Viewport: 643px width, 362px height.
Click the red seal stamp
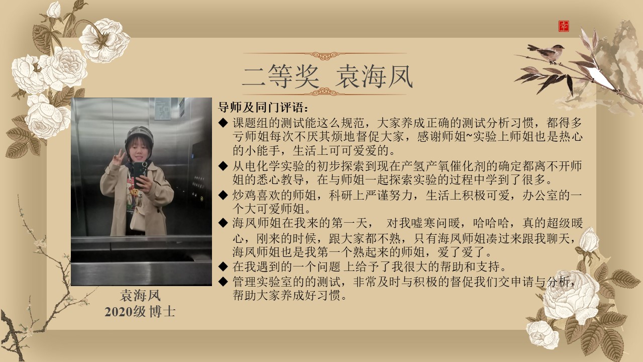(x=564, y=26)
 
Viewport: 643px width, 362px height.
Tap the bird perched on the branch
(x=546, y=53)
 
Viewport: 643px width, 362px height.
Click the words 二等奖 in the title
(x=280, y=76)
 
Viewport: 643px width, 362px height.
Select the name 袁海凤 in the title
(x=374, y=76)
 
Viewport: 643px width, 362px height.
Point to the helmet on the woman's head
(x=139, y=138)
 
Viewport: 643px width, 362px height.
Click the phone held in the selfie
(x=140, y=174)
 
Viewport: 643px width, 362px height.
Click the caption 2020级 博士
(x=140, y=312)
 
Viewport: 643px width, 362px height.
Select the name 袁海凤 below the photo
(x=140, y=296)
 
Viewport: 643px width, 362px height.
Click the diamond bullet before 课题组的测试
(x=223, y=123)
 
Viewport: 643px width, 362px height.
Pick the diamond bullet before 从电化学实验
(x=223, y=166)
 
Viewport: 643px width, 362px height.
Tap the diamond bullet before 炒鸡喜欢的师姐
(x=223, y=196)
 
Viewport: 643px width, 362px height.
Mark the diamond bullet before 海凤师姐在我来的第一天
(x=223, y=223)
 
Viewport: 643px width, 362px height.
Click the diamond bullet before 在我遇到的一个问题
(x=223, y=266)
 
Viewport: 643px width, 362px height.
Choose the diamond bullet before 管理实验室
(x=223, y=282)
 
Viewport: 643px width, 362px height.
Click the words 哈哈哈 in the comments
(x=491, y=223)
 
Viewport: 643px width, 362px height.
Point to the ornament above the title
(x=325, y=55)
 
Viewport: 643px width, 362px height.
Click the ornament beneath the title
(x=325, y=92)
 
